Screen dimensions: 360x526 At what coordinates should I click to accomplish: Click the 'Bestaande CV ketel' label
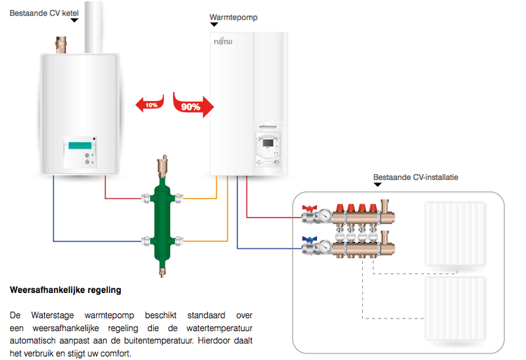(x=43, y=12)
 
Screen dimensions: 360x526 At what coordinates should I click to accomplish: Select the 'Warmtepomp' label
(x=233, y=17)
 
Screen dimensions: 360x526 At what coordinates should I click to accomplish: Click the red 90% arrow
(x=193, y=104)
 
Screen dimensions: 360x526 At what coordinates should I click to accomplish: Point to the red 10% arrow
(x=149, y=104)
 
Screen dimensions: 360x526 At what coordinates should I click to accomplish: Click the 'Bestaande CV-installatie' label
(x=416, y=177)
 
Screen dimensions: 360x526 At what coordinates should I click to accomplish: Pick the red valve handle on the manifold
(x=307, y=209)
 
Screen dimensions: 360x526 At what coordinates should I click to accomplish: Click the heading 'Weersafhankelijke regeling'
(x=66, y=290)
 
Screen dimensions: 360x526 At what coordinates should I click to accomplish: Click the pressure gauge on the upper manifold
(x=325, y=215)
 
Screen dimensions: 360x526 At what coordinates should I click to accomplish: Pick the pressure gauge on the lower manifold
(x=325, y=248)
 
